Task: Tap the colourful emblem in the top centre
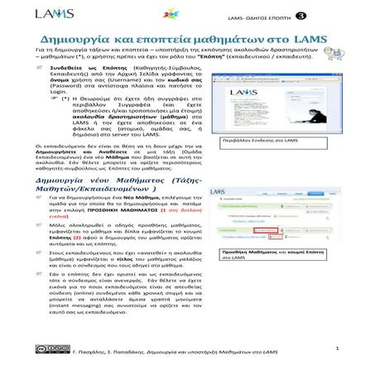(x=192, y=14)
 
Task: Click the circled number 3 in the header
(x=323, y=15)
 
